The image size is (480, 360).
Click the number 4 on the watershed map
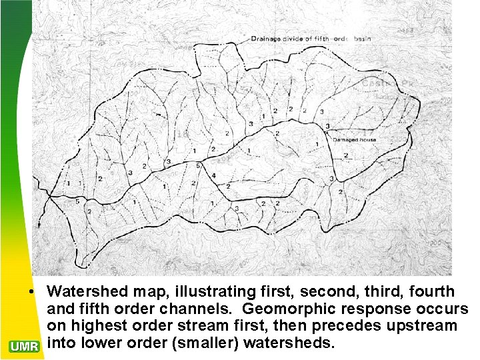[x=214, y=175]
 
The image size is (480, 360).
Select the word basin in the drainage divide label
[x=361, y=39]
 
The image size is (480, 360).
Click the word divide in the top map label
[x=296, y=39]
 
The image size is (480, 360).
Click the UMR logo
[x=25, y=345]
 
